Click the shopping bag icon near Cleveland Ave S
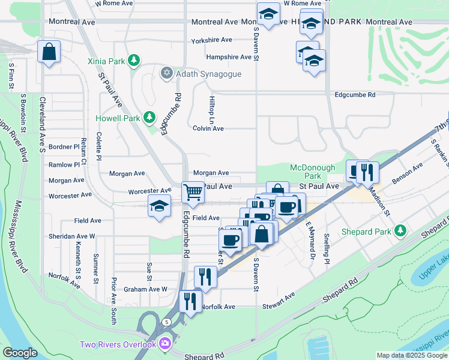[49, 52]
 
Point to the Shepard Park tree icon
[400, 232]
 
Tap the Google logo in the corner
[20, 353]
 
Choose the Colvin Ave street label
[208, 128]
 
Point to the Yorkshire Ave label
[211, 40]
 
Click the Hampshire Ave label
[228, 57]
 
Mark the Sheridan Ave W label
[76, 236]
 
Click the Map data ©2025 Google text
[411, 355]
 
